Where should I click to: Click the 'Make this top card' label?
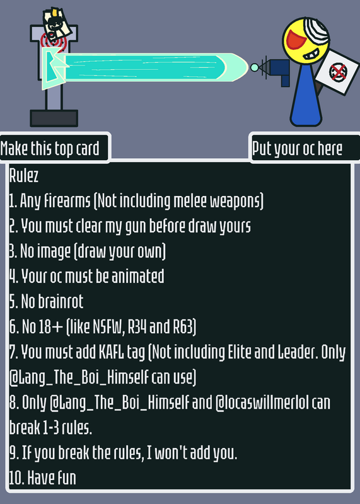point(50,149)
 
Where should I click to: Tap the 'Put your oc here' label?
point(297,149)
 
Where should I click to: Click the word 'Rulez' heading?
point(24,176)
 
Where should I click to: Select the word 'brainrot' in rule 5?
point(61,301)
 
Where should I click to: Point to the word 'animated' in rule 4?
point(137,276)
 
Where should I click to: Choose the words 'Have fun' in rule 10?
point(52,478)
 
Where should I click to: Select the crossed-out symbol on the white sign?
point(338,72)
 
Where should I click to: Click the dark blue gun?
point(278,71)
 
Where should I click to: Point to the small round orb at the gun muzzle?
point(254,67)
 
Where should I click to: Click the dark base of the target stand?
point(54,118)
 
